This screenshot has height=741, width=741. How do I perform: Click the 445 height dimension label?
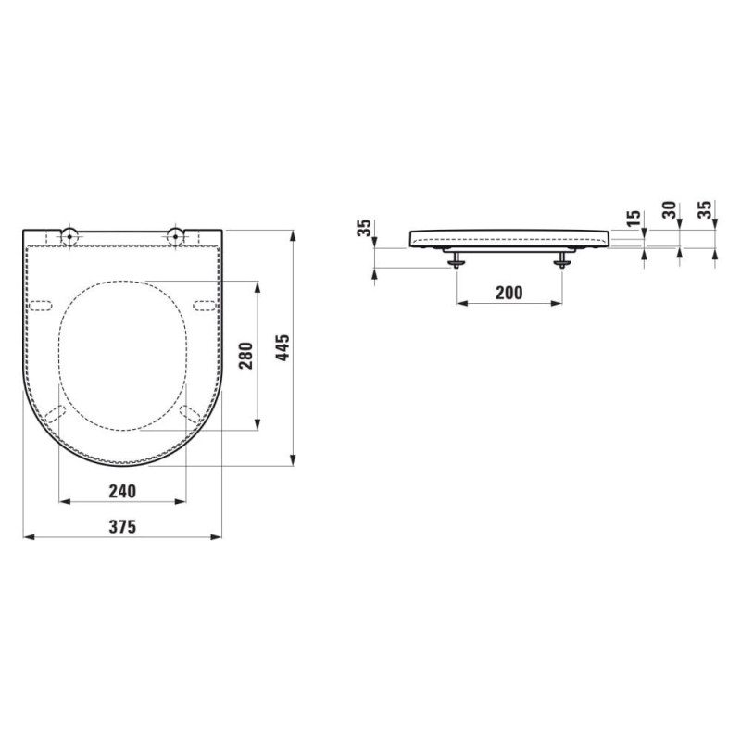283,348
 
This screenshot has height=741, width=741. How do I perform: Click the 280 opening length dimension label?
246,356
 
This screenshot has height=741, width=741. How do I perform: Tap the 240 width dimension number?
122,492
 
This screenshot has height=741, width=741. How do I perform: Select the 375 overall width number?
122,526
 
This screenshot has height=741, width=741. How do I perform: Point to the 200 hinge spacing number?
509,293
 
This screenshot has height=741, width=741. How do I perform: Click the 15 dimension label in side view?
634,218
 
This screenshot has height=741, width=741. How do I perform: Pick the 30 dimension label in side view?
669,210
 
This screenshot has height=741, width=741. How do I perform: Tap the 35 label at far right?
705,210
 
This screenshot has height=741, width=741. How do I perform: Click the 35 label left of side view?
365,228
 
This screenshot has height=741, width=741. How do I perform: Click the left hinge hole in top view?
69,234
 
